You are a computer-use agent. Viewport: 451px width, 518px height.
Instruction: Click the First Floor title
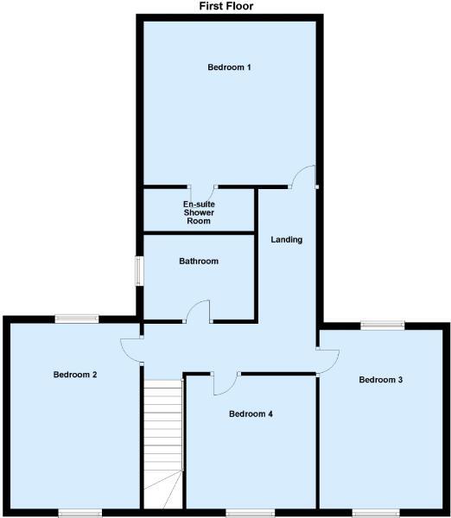(x=226, y=6)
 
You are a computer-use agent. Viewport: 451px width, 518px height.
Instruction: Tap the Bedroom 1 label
(x=229, y=66)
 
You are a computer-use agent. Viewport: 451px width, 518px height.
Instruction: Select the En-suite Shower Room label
(x=198, y=212)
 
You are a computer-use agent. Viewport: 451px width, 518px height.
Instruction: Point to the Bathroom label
(x=199, y=261)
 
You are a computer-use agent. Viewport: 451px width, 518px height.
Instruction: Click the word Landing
(x=286, y=239)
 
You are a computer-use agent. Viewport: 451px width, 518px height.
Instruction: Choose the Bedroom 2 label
(x=74, y=375)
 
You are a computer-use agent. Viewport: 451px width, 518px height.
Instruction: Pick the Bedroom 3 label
(x=381, y=379)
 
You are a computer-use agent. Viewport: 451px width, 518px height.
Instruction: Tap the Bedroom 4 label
(x=251, y=414)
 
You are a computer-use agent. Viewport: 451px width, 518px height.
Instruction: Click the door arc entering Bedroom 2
(x=132, y=348)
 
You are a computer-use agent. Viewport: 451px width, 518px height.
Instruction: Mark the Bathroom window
(x=138, y=269)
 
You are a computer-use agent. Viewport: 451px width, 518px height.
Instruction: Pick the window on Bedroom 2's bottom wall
(x=80, y=512)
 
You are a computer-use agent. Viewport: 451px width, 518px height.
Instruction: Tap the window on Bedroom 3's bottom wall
(x=376, y=512)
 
